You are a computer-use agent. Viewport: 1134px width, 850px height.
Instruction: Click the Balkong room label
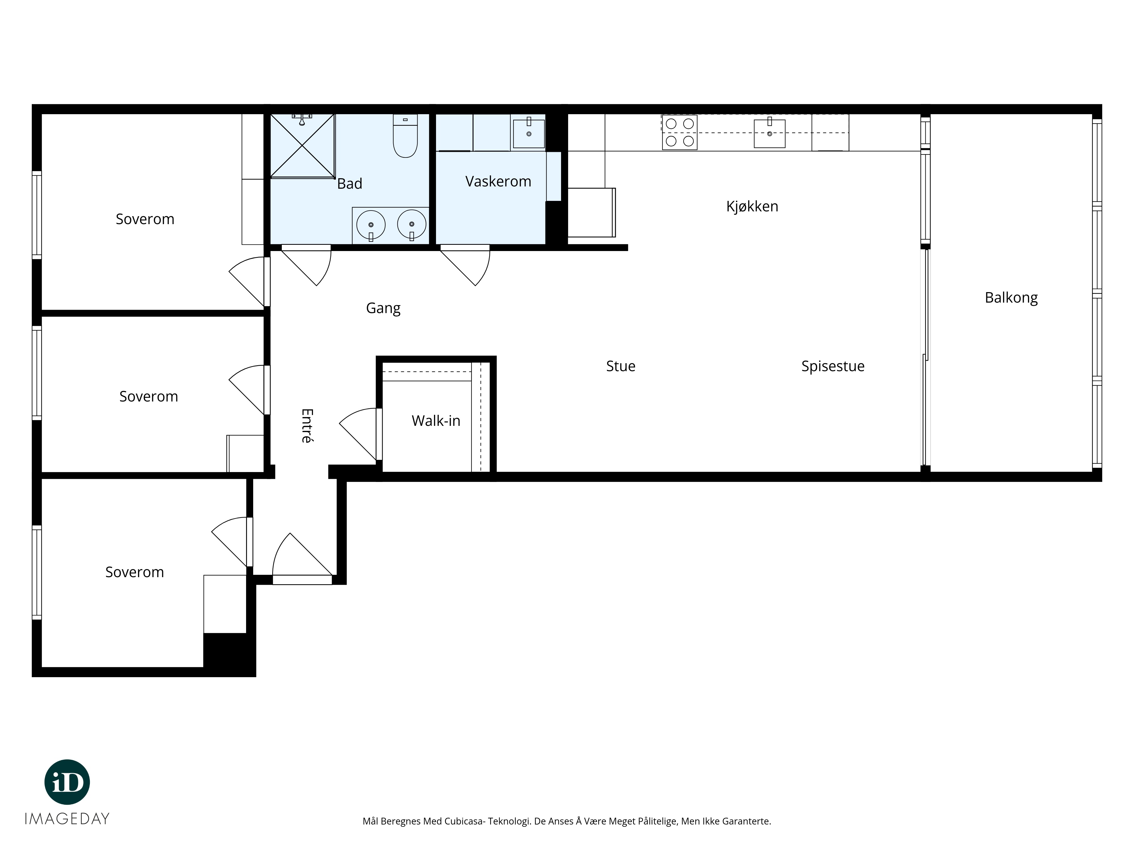click(1011, 298)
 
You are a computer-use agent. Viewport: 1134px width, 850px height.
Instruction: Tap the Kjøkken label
click(752, 207)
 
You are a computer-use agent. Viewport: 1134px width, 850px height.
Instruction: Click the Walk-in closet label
click(436, 421)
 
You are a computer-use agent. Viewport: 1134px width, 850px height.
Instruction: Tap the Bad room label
click(350, 183)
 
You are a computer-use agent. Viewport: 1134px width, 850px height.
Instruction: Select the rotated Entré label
click(306, 425)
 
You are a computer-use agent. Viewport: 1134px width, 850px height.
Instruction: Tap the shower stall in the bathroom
click(302, 146)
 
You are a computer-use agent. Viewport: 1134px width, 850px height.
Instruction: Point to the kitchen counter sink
click(769, 133)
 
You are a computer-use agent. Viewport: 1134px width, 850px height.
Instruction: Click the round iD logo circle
click(67, 782)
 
